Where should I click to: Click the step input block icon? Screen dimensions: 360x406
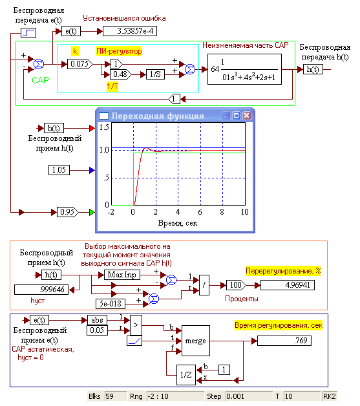click(x=28, y=33)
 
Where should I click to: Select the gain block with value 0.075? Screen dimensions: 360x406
click(x=79, y=64)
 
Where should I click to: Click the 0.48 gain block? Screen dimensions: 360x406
click(x=121, y=74)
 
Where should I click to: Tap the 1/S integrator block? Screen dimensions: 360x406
click(x=155, y=74)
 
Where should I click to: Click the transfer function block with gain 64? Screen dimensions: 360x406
click(x=244, y=69)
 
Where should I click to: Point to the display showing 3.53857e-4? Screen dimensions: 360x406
click(x=130, y=31)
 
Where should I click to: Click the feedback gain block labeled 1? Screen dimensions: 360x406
click(x=174, y=99)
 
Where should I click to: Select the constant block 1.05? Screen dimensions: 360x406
click(x=59, y=170)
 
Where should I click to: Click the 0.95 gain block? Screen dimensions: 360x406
click(x=68, y=212)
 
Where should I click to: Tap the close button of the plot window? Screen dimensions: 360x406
click(x=247, y=116)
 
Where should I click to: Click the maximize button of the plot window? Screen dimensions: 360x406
click(x=237, y=116)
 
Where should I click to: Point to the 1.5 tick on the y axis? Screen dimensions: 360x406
click(x=104, y=127)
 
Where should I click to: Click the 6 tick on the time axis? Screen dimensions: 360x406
click(x=200, y=212)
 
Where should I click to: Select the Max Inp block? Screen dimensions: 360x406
click(x=122, y=275)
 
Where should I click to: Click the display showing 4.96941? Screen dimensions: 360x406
click(x=287, y=285)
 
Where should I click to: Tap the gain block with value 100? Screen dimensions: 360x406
click(x=236, y=285)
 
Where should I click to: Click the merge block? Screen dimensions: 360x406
click(x=196, y=341)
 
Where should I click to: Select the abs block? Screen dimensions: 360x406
click(x=98, y=320)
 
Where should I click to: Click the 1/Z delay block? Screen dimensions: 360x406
click(x=186, y=375)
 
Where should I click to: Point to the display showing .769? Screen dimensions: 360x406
click(x=284, y=341)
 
